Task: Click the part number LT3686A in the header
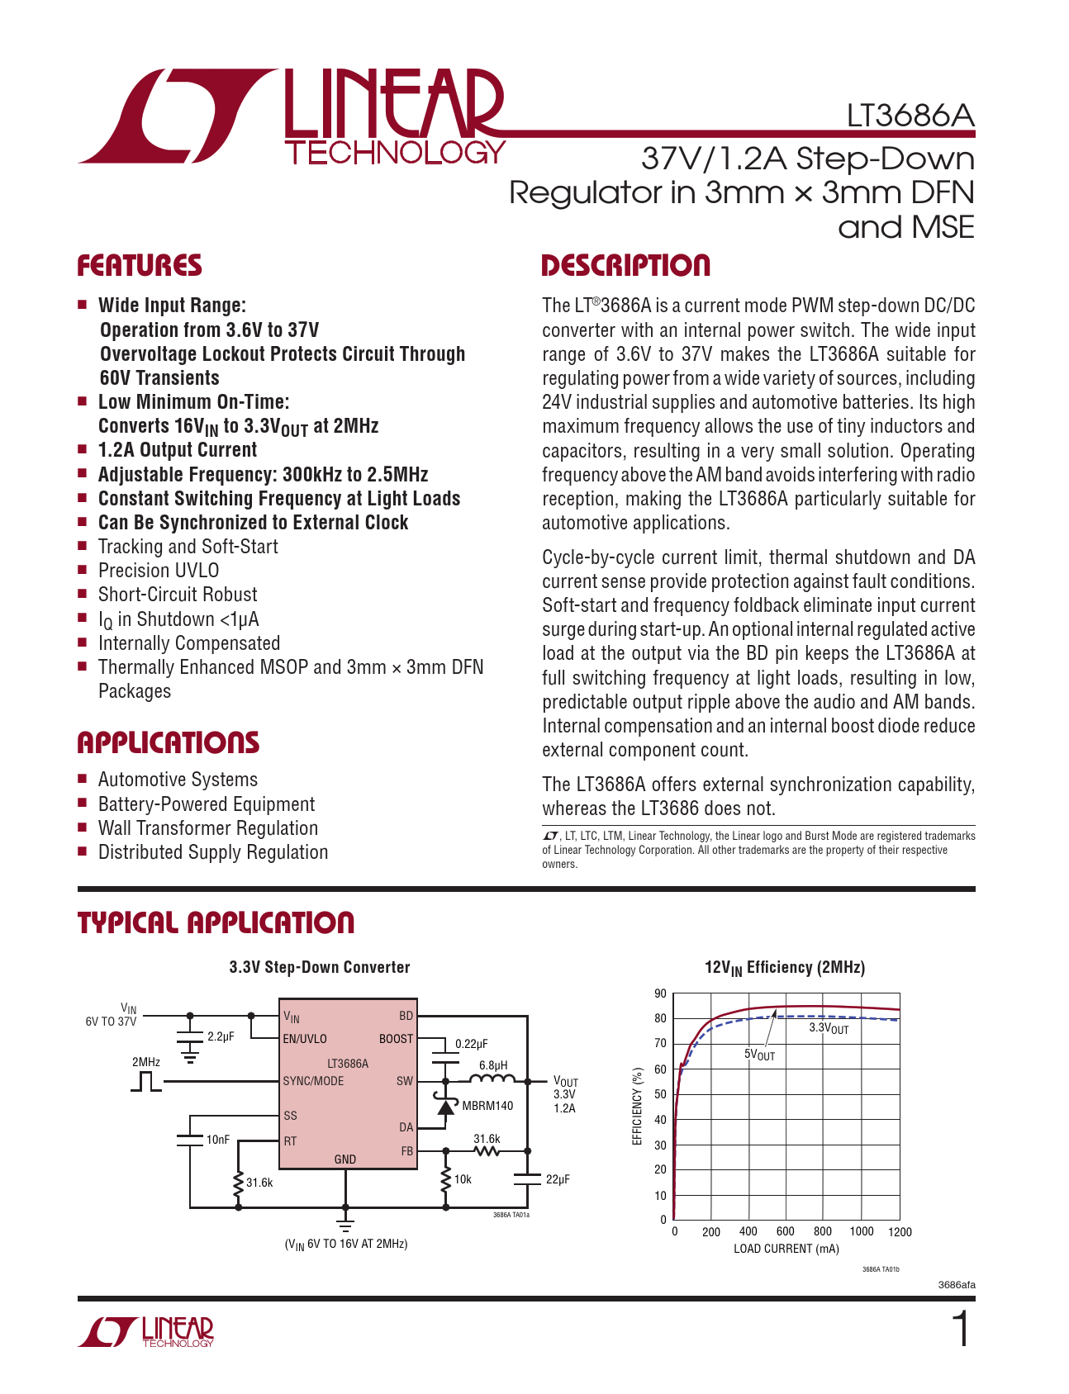coord(910,116)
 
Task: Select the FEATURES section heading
coord(140,266)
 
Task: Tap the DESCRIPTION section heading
coord(625,266)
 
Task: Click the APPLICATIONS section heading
coord(169,743)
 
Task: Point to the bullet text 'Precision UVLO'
coord(159,571)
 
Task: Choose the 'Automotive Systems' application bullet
coord(178,780)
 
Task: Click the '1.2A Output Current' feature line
coord(178,450)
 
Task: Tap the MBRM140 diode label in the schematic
coord(487,1106)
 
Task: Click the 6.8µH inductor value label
coord(493,1065)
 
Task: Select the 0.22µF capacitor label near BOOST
coord(472,1044)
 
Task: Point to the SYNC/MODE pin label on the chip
coord(313,1081)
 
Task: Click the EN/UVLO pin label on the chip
coord(305,1039)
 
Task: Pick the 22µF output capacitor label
coord(558,1179)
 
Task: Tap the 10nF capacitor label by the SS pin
coord(218,1140)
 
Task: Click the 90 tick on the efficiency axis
coord(660,993)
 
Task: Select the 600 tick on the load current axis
coord(786,1231)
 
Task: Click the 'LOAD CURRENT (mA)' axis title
coord(786,1249)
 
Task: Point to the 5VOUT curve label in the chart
coord(759,1055)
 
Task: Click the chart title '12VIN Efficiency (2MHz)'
coord(784,968)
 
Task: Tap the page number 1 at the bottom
coord(960,1330)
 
